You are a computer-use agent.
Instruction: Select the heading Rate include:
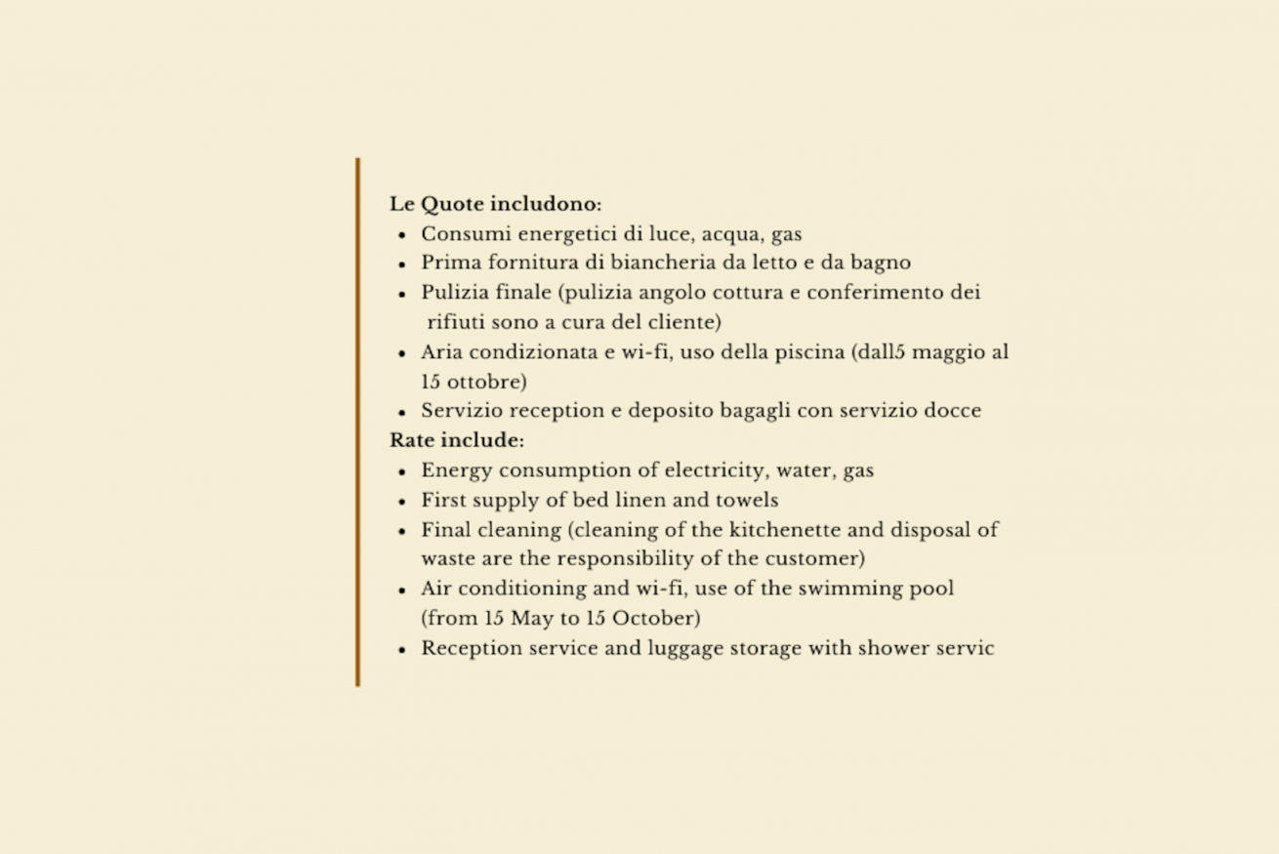[x=457, y=440]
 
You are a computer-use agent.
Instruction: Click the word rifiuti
[x=455, y=322]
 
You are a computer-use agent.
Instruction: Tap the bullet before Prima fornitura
[x=402, y=264]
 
